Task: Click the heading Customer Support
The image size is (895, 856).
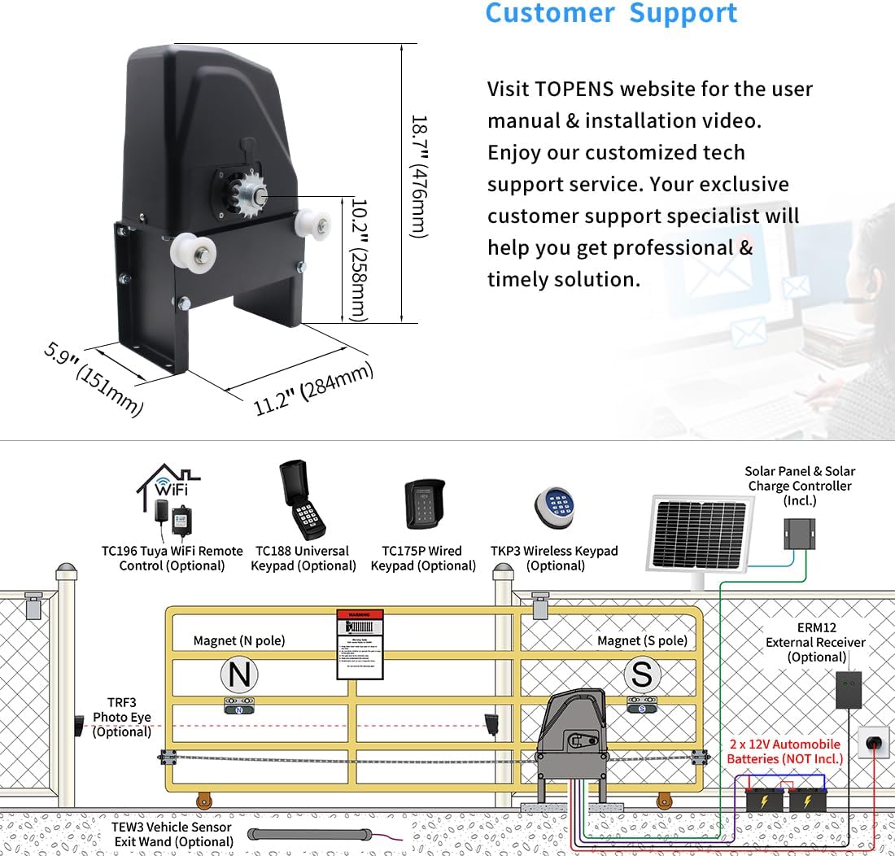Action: pos(611,13)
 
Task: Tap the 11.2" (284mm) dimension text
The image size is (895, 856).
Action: pos(313,389)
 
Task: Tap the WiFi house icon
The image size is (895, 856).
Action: pos(168,487)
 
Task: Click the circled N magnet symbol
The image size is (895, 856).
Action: pos(238,675)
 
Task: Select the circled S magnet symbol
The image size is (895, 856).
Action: pos(642,675)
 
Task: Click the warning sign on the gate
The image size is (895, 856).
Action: pos(360,644)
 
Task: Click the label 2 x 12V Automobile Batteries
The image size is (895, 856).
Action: pos(784,751)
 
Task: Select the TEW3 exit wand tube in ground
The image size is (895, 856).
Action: pos(310,834)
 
